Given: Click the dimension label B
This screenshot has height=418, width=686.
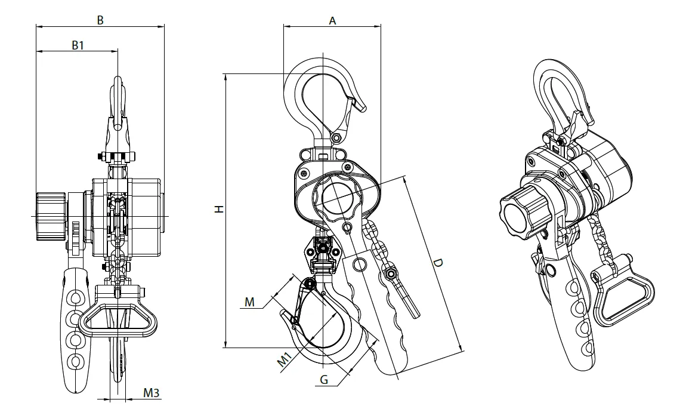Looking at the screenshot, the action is pyautogui.click(x=100, y=20).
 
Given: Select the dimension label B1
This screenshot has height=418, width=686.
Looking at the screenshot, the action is pyautogui.click(x=78, y=45).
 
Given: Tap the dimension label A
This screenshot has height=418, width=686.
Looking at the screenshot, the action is pyautogui.click(x=332, y=20).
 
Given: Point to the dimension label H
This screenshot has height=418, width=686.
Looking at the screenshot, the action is pyautogui.click(x=219, y=209).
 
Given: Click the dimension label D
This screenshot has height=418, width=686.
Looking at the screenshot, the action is pyautogui.click(x=438, y=263).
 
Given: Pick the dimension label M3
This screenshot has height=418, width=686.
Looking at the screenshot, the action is pyautogui.click(x=152, y=393).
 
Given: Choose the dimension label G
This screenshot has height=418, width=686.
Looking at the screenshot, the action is pyautogui.click(x=324, y=379).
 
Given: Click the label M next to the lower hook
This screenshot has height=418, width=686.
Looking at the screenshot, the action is pyautogui.click(x=249, y=302).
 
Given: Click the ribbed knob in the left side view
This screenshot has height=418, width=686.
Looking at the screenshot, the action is pyautogui.click(x=51, y=216).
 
